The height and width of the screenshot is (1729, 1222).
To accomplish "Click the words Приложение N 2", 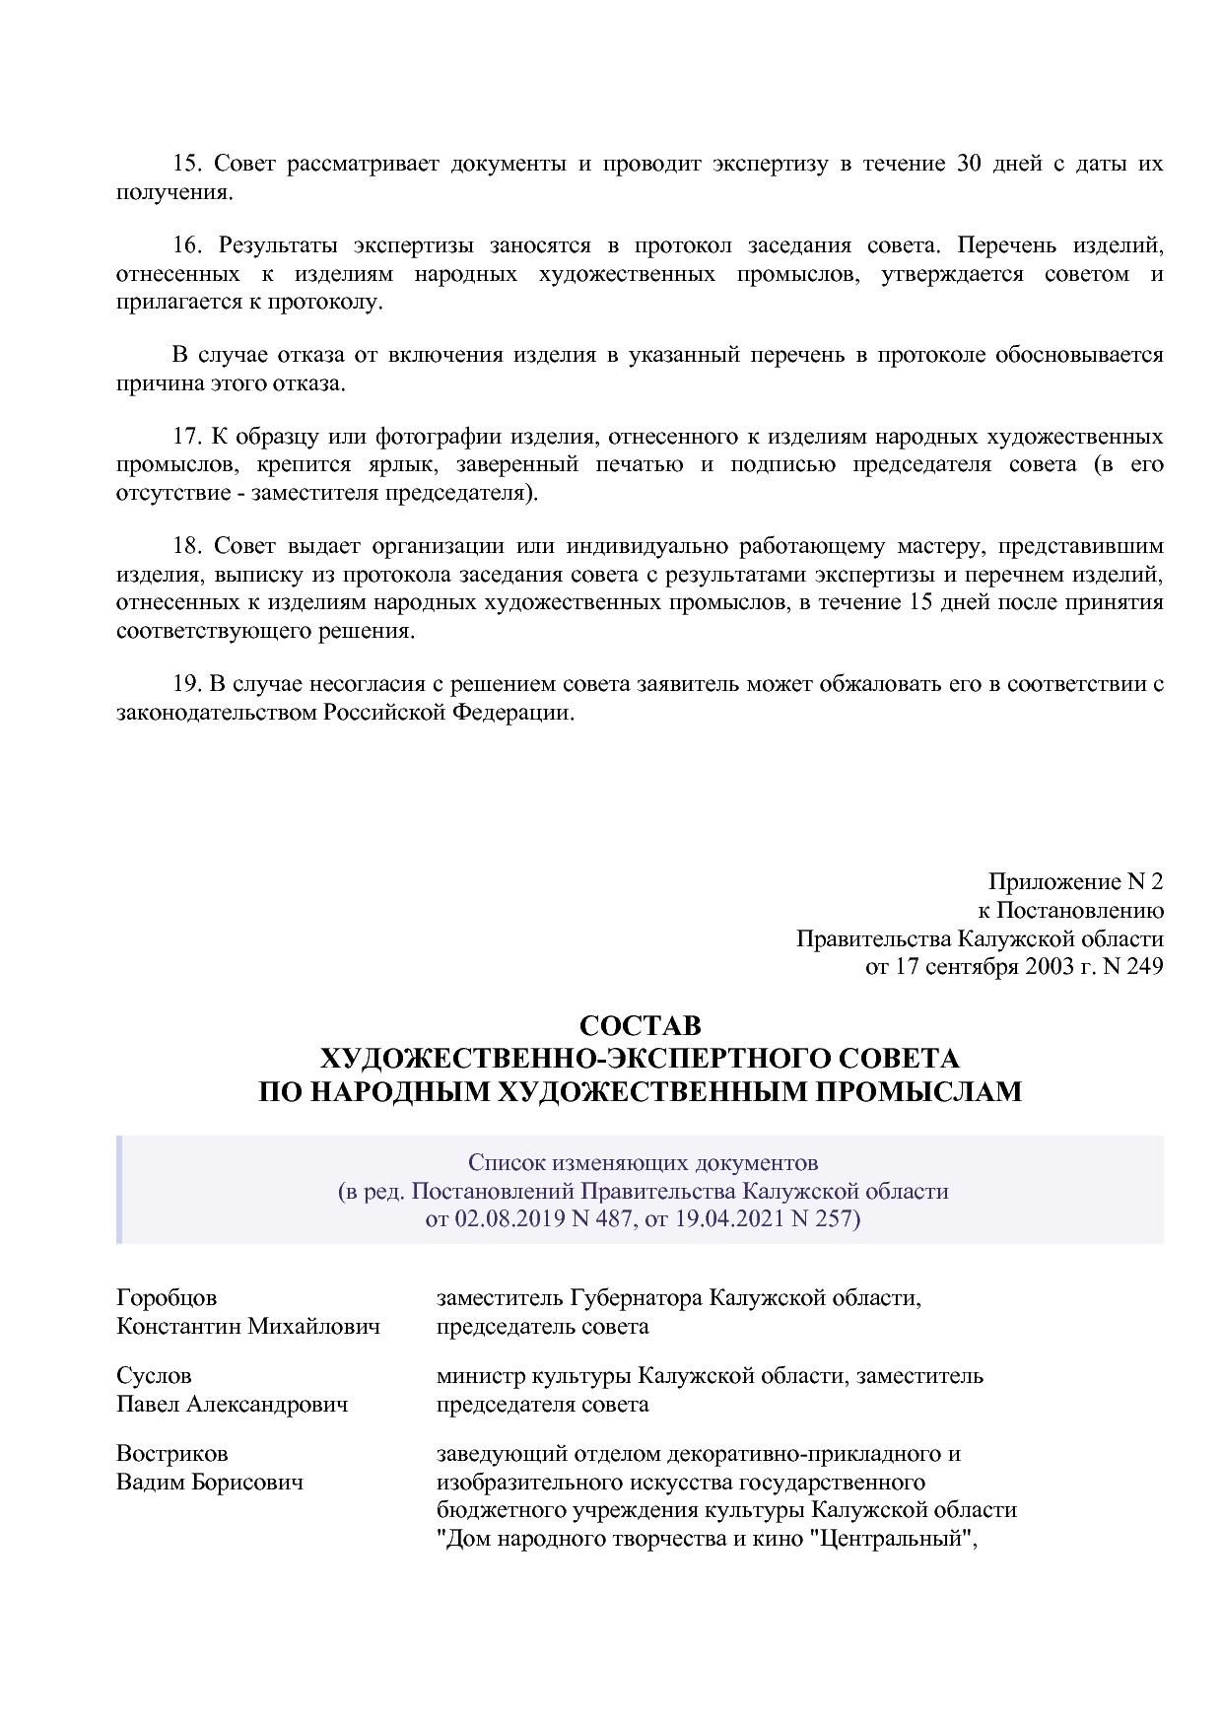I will tap(1075, 882).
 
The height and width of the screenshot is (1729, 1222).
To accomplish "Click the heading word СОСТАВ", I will tap(640, 1026).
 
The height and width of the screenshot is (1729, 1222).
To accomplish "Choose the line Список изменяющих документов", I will tap(643, 1163).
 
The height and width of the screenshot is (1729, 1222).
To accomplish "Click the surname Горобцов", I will tap(167, 1298).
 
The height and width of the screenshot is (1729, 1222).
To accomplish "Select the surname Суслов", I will tap(154, 1376).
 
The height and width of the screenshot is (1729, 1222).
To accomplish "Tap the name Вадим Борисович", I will tap(210, 1483).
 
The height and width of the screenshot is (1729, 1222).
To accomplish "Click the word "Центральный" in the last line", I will tap(893, 1539).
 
